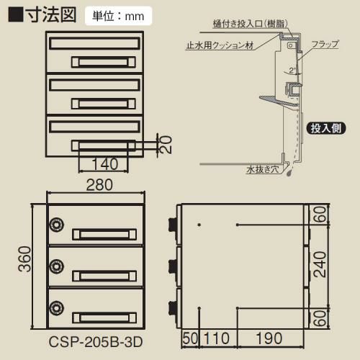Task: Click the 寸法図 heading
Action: (x=52, y=15)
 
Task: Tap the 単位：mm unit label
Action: (x=118, y=17)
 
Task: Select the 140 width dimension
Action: (x=105, y=163)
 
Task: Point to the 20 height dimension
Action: (x=166, y=145)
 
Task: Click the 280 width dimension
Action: (x=99, y=185)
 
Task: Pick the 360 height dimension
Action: (x=24, y=258)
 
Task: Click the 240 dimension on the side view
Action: (x=320, y=264)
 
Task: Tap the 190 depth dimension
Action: (x=269, y=338)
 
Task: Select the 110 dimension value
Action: (x=217, y=338)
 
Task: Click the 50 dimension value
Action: (x=191, y=338)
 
